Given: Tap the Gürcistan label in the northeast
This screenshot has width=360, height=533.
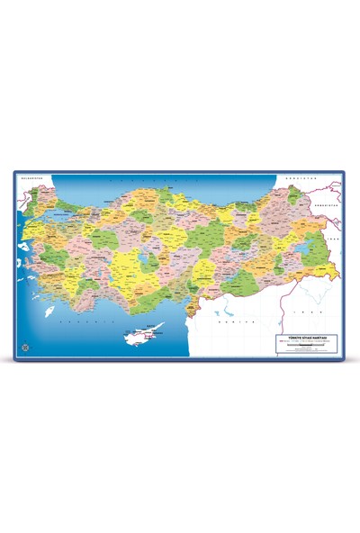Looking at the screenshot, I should [298, 179].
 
